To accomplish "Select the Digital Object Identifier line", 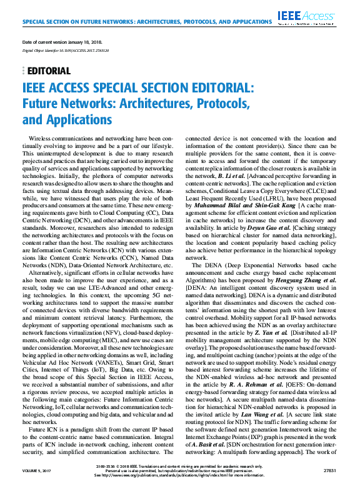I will click(x=61, y=49).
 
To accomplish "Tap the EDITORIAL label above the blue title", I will click(x=49, y=71).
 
